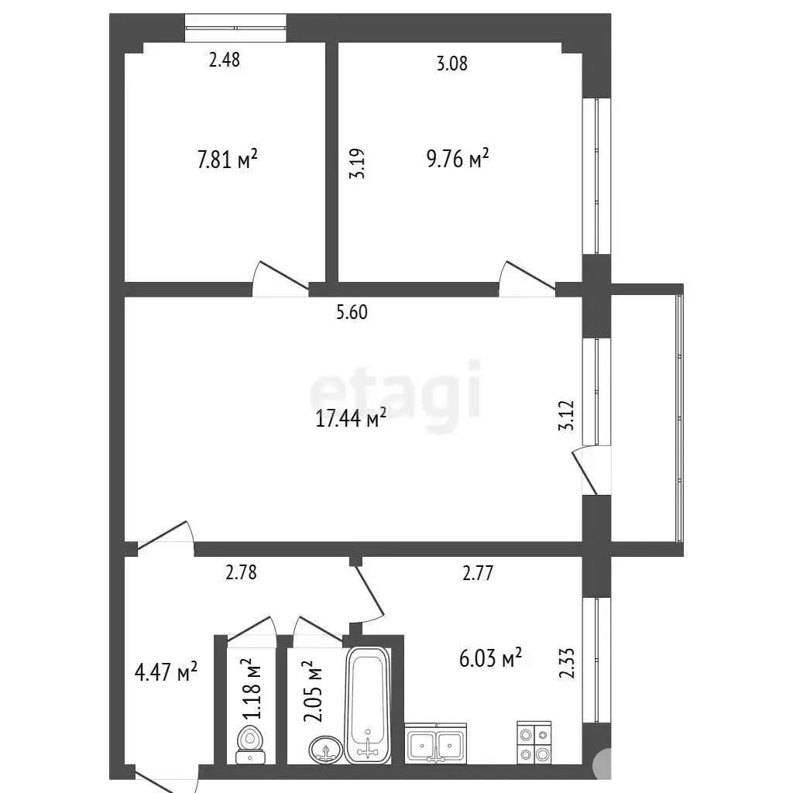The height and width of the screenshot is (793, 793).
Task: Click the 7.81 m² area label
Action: [x=227, y=160]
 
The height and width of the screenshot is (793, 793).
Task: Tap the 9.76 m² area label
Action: [x=458, y=158]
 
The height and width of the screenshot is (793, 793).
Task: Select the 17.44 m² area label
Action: [x=351, y=418]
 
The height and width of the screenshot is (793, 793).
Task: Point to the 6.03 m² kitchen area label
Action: [x=490, y=659]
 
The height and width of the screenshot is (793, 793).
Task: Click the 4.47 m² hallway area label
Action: [x=166, y=672]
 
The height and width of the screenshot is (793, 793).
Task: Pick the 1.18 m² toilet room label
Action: [x=252, y=688]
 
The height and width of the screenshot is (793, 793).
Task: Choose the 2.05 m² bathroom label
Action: [x=312, y=691]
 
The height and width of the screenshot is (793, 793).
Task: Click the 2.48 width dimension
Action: [x=225, y=60]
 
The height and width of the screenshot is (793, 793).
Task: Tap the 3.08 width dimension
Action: [x=452, y=64]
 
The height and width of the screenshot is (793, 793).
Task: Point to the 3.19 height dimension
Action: [x=356, y=163]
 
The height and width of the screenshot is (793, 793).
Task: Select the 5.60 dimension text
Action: [x=352, y=312]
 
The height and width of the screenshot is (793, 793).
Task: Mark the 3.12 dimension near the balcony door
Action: [x=567, y=415]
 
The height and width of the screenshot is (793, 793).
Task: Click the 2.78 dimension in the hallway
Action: [x=242, y=572]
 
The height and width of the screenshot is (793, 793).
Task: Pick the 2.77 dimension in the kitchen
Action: [x=478, y=573]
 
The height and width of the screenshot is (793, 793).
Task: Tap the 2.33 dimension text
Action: [x=567, y=663]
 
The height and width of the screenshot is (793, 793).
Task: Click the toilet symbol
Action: [x=250, y=744]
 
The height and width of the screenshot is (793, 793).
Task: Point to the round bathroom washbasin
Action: [x=326, y=750]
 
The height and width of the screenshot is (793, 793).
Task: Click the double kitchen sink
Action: [x=435, y=743]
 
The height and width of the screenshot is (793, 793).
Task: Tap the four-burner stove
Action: [x=534, y=743]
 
